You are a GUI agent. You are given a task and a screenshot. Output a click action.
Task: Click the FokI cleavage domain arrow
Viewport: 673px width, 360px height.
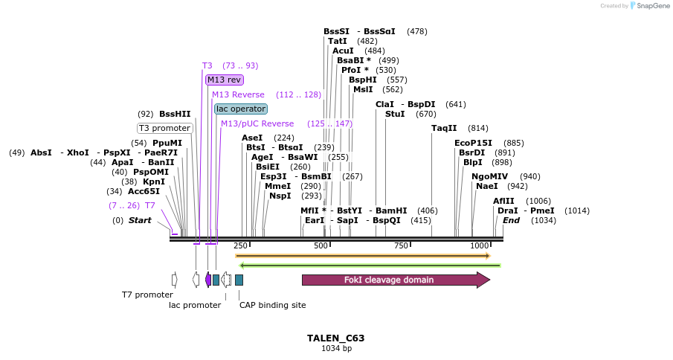click(395, 280)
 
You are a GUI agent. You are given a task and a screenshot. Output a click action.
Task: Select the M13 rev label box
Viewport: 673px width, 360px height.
click(224, 80)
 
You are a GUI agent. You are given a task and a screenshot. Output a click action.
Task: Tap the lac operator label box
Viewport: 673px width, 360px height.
click(240, 109)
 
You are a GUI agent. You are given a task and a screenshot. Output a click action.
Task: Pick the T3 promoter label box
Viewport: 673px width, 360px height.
click(164, 128)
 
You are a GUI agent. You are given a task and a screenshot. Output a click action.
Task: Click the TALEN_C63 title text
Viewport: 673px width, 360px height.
click(335, 338)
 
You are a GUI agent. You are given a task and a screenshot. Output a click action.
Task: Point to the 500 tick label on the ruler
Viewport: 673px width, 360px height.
click(321, 245)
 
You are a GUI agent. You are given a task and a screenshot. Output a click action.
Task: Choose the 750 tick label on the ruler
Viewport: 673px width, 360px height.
click(401, 245)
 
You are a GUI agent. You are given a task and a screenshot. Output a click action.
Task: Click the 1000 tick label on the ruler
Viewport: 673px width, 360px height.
click(480, 245)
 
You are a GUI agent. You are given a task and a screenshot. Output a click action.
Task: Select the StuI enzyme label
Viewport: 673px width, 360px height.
click(395, 114)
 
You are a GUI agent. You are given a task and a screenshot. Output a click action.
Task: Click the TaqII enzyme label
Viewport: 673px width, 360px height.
click(444, 128)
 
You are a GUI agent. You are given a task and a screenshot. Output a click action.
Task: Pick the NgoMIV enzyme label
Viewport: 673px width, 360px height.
click(489, 176)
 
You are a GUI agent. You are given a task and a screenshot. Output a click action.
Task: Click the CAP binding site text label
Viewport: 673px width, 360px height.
click(272, 305)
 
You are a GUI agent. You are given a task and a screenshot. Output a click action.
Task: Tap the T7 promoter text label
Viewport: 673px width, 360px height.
click(147, 295)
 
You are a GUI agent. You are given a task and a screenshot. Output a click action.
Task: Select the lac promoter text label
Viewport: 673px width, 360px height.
click(195, 305)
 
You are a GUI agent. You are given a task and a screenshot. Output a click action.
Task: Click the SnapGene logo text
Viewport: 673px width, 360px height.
click(649, 6)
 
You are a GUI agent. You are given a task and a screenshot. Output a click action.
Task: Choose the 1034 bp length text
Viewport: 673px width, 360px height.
click(336, 348)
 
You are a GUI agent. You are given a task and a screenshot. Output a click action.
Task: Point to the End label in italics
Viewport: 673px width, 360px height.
click(512, 220)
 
